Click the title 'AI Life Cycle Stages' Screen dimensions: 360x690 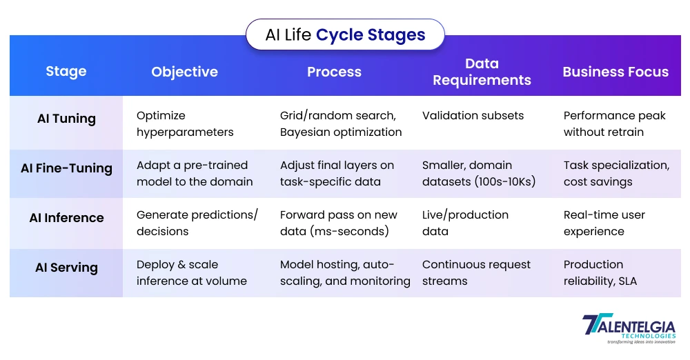click(x=345, y=34)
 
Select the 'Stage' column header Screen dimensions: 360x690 click(x=66, y=72)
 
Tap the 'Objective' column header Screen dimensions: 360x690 click(x=184, y=72)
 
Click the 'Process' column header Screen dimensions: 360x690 click(x=334, y=72)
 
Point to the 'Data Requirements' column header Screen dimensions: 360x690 click(x=482, y=72)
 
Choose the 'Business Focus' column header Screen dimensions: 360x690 click(x=615, y=72)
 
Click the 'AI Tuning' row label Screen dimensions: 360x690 click(x=66, y=119)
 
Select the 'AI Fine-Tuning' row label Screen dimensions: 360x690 click(x=66, y=168)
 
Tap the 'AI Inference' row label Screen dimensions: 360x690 click(x=66, y=218)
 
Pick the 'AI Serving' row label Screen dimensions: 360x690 click(x=66, y=268)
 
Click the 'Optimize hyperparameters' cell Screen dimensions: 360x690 click(x=185, y=124)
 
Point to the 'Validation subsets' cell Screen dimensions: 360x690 click(x=473, y=116)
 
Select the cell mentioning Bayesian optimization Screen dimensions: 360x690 click(x=341, y=124)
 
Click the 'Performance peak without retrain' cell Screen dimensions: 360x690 click(x=614, y=124)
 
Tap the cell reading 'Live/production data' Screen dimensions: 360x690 click(x=465, y=223)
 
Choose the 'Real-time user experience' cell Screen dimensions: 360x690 click(x=604, y=223)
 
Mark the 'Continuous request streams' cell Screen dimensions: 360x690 click(x=476, y=272)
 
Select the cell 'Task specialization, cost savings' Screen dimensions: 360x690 click(x=616, y=173)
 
